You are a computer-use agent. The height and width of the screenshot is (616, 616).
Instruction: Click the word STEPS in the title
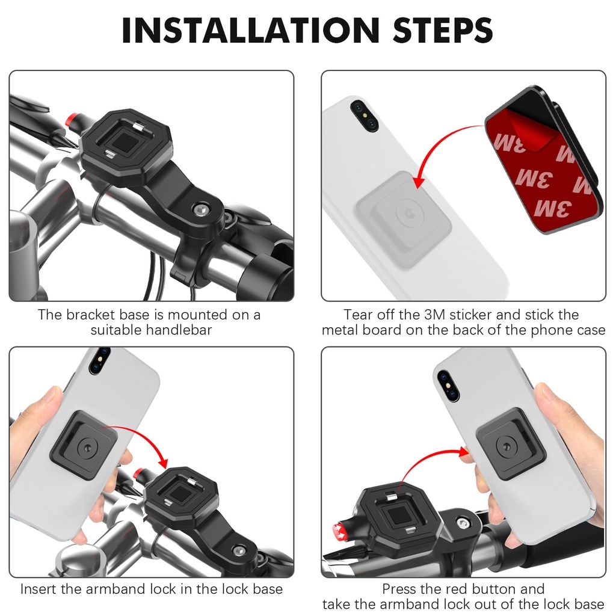(x=443, y=30)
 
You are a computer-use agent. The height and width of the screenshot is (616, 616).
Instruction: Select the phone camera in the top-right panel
(x=364, y=115)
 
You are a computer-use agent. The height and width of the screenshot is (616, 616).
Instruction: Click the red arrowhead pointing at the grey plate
(x=419, y=180)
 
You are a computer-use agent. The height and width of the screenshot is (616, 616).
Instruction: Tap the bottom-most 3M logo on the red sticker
(x=553, y=208)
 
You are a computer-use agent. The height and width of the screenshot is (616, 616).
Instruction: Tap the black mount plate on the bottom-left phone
(x=84, y=446)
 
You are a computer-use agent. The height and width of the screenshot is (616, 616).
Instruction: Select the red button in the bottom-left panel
(x=139, y=474)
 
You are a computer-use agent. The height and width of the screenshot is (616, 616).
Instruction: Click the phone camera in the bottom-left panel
(x=100, y=360)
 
